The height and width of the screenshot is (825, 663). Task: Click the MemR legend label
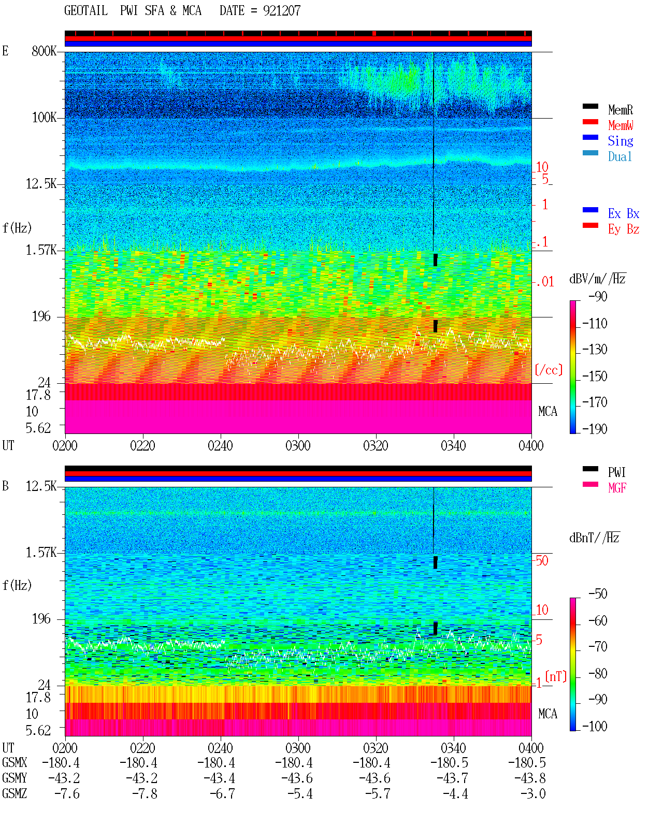tap(620, 110)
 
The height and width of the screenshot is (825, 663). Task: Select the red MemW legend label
tap(620, 125)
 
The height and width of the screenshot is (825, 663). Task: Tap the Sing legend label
tap(620, 141)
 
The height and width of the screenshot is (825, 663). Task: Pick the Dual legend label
tap(619, 156)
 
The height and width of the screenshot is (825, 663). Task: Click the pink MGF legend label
tap(617, 488)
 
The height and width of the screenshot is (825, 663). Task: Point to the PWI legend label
tap(616, 472)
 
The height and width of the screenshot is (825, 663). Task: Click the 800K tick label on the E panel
tap(44, 51)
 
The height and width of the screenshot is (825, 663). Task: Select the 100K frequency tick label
tap(44, 118)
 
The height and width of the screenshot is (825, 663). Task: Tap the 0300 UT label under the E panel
tap(298, 446)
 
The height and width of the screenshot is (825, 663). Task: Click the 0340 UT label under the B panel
tap(453, 748)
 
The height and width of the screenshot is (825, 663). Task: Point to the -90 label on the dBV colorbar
tap(598, 297)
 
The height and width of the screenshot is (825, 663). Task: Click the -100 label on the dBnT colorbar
tap(595, 726)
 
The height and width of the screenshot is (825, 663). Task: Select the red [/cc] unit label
tap(549, 370)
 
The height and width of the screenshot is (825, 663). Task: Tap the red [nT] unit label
tap(556, 676)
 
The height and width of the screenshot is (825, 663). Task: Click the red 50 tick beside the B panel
tap(542, 561)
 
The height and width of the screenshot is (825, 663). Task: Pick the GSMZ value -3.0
tap(532, 794)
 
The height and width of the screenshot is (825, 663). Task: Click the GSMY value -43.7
tap(453, 778)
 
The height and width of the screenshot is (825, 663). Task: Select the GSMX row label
tap(15, 763)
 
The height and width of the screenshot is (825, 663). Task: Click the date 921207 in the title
tap(282, 11)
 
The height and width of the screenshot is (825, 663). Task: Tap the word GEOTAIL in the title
tap(86, 11)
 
